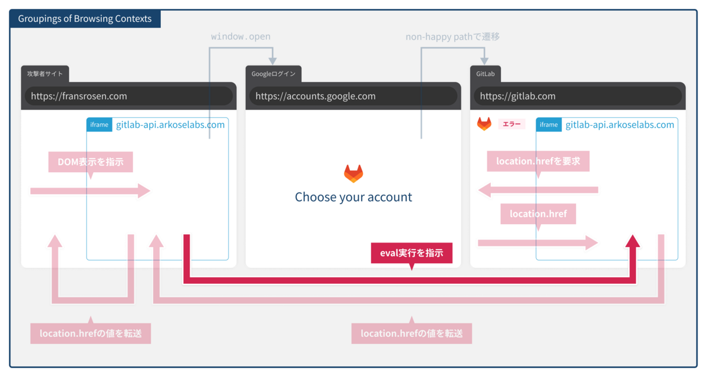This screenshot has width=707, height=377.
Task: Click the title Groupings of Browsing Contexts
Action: [85, 19]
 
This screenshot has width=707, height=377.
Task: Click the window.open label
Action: [240, 37]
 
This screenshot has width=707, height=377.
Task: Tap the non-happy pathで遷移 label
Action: [452, 37]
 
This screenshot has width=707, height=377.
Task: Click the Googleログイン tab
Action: [273, 74]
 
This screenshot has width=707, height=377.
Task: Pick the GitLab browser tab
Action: [485, 74]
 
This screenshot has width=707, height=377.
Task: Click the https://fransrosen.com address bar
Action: [128, 96]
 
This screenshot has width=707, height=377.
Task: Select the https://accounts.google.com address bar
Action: [353, 96]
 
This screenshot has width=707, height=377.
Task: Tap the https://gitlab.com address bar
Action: [577, 96]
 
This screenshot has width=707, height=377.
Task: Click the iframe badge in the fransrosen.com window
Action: [99, 125]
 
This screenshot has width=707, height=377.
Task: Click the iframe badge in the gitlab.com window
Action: [549, 125]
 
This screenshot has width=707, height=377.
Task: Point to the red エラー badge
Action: [512, 124]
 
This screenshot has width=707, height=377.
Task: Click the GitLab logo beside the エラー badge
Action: [484, 124]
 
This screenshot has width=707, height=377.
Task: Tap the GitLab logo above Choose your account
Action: [353, 173]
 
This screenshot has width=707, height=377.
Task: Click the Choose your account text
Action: [353, 197]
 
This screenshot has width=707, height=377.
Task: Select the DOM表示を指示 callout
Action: [90, 162]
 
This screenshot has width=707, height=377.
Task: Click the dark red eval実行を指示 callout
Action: [411, 253]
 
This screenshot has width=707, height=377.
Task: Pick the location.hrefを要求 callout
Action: [538, 161]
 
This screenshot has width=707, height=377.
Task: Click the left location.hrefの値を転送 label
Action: [90, 333]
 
